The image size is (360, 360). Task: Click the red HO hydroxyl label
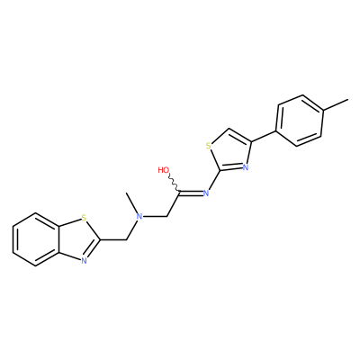point(164,170)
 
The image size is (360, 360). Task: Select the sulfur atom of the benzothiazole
point(84,218)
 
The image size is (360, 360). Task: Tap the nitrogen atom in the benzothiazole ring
point(84,261)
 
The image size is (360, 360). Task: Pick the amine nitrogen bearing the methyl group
point(139,216)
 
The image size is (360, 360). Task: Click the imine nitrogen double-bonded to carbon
point(206,193)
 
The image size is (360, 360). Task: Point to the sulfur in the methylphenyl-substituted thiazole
point(209,147)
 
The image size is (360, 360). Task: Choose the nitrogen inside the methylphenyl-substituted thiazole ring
point(246,167)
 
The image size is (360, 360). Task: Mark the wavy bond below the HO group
point(175,183)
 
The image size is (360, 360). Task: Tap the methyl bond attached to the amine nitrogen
point(132,202)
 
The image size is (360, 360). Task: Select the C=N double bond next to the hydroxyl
point(191,193)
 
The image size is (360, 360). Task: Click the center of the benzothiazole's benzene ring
point(36,239)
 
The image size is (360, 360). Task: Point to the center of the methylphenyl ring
point(301,121)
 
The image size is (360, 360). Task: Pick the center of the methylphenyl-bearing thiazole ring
point(231,152)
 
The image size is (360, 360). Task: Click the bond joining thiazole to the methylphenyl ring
point(264,137)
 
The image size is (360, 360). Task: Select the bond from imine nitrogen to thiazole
point(215,180)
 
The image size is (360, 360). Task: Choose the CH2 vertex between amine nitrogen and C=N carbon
point(166,216)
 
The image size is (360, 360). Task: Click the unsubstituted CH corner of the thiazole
point(229,129)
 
